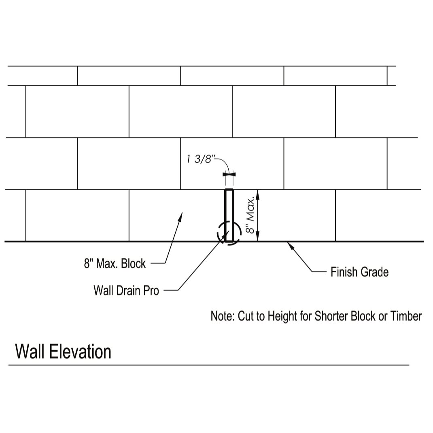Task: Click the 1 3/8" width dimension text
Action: [x=200, y=159]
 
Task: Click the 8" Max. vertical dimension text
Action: [x=250, y=215]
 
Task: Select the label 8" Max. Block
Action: [x=115, y=263]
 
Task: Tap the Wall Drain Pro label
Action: [x=126, y=290]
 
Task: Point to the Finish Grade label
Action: [x=359, y=272]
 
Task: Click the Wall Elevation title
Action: [x=63, y=352]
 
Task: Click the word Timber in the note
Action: [x=406, y=316]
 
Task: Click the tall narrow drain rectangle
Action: [x=229, y=210]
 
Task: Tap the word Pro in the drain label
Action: [x=151, y=290]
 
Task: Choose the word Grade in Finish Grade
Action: [x=374, y=272]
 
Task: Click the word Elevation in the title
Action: [x=81, y=352]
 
